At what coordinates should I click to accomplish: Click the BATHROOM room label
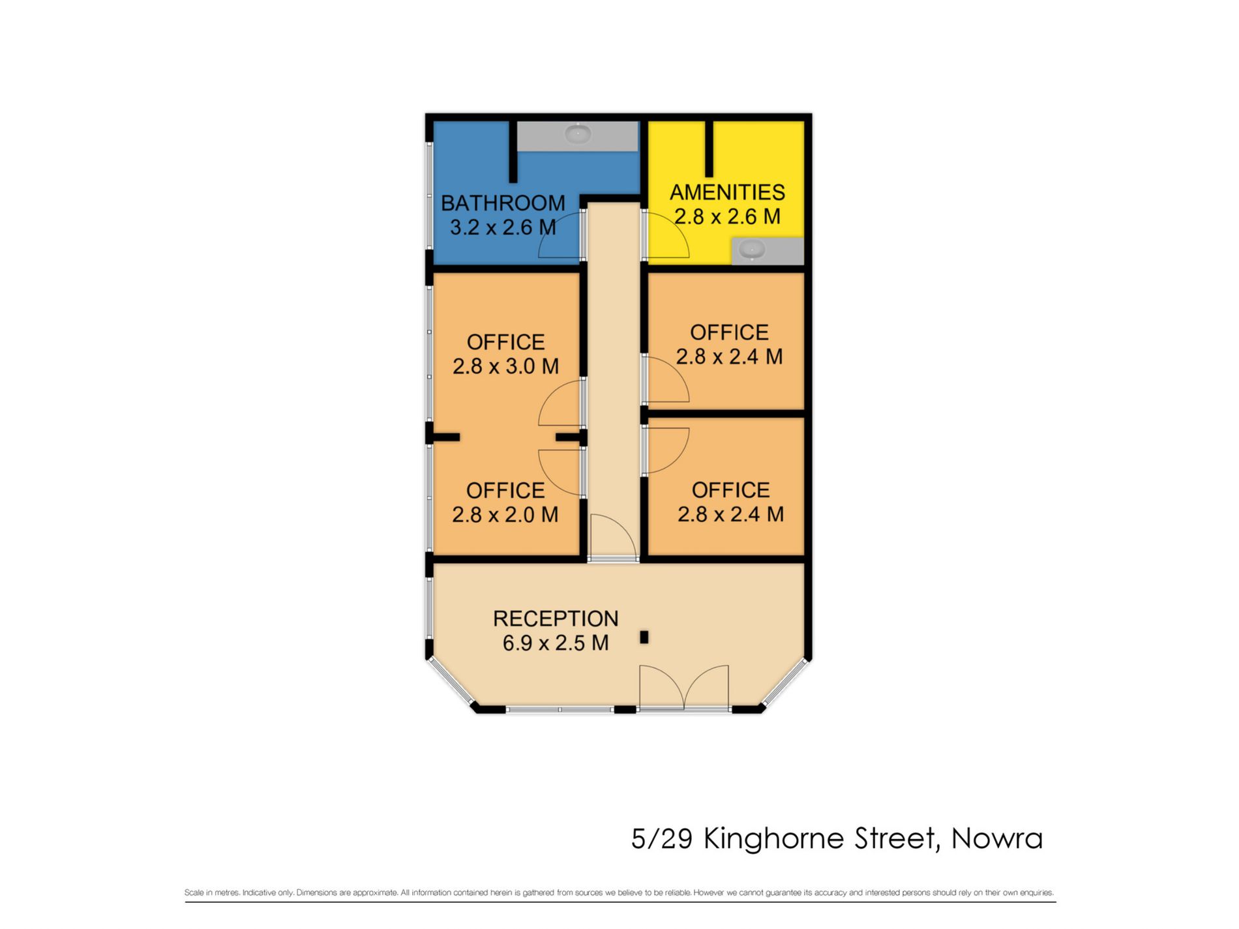click(x=503, y=203)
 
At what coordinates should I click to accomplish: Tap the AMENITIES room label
click(x=727, y=192)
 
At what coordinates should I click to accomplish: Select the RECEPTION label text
click(x=556, y=619)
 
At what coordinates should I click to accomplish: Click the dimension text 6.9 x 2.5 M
click(x=556, y=643)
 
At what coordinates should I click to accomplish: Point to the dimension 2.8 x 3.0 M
click(x=505, y=366)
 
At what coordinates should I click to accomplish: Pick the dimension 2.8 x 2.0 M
click(x=505, y=515)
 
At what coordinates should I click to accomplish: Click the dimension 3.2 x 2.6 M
click(x=503, y=228)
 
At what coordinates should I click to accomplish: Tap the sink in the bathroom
click(x=577, y=134)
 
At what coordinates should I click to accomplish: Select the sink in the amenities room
click(x=753, y=250)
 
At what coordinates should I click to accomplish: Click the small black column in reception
click(x=644, y=638)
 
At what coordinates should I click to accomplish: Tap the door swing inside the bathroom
click(x=560, y=239)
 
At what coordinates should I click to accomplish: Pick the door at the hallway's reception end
click(x=613, y=538)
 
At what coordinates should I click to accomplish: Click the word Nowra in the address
click(x=997, y=839)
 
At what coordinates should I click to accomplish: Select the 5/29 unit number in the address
click(x=661, y=839)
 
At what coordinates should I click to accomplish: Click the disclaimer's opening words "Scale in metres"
click(x=212, y=893)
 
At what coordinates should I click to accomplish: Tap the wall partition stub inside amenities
click(x=709, y=149)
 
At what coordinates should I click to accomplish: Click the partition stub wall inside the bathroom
click(x=513, y=151)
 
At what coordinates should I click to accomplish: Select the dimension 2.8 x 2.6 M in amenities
click(x=727, y=216)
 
